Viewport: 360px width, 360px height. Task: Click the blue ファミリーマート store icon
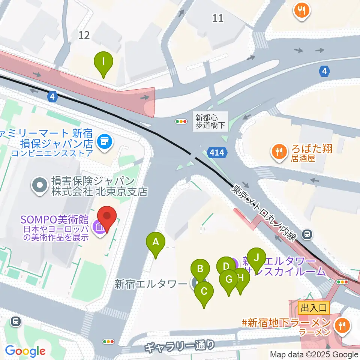pos(104,142)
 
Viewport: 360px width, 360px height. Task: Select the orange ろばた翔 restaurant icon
pos(278,151)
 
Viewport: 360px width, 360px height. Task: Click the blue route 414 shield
pos(217,152)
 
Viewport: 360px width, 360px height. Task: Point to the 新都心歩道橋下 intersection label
pos(211,121)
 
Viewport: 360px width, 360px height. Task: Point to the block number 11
pos(217,18)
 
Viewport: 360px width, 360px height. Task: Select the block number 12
pos(84,35)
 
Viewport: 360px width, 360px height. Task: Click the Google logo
pos(25,351)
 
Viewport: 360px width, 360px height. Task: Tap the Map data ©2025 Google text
pos(314,354)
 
